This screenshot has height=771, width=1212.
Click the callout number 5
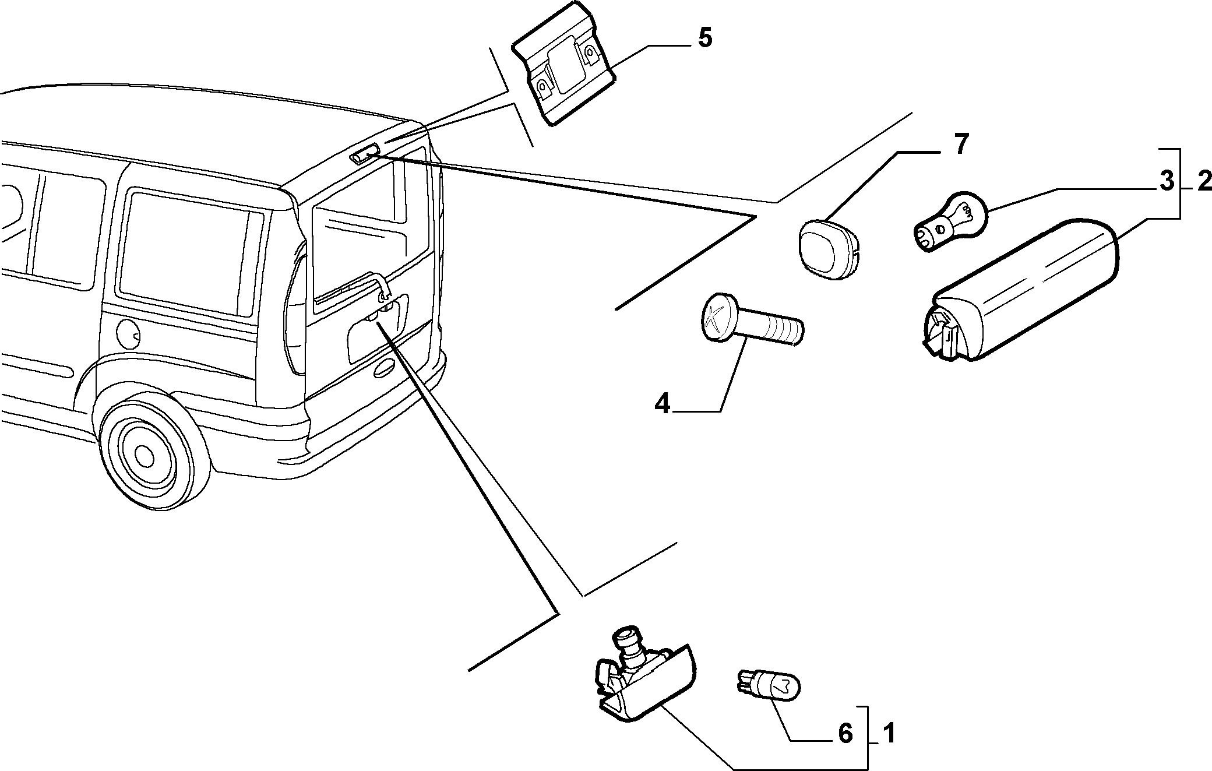704,38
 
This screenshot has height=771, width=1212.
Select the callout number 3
1165,182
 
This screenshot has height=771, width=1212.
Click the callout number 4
663,403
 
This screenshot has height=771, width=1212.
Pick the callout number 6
845,733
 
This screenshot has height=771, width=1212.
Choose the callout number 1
889,733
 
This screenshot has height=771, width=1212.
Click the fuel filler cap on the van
128,333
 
